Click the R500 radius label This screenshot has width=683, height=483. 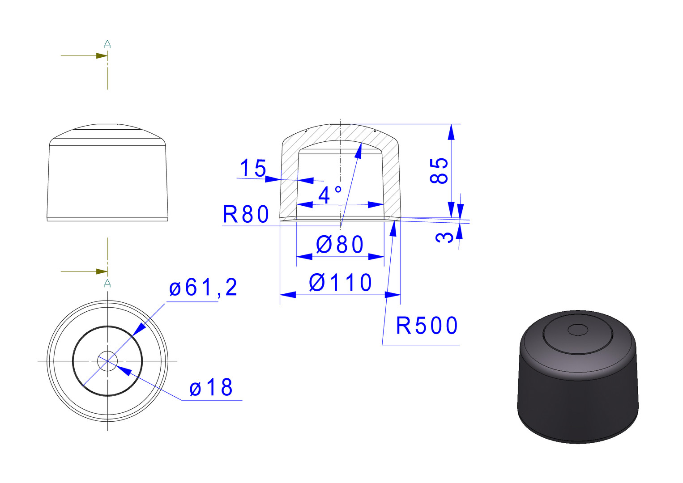point(427,326)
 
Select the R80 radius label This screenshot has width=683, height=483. point(246,214)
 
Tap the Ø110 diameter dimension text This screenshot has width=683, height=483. point(340,283)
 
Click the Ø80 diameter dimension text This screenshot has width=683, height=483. point(340,244)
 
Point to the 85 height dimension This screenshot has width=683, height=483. point(439,171)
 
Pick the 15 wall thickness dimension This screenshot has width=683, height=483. point(253,168)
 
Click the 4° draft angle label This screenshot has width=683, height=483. point(330,195)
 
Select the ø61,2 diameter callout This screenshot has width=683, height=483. point(203,287)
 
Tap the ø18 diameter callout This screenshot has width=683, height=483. point(211,387)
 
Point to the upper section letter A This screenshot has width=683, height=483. point(107,44)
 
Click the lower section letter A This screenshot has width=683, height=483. point(107,284)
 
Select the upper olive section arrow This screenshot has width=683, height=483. point(84,56)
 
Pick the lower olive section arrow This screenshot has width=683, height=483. point(84,271)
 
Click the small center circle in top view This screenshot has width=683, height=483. point(107,361)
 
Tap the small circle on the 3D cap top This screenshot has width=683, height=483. point(578,330)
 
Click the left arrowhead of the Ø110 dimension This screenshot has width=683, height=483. point(288,295)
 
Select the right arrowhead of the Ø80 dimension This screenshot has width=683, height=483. point(376,257)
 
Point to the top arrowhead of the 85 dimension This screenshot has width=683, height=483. point(451,132)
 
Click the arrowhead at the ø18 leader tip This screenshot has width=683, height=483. point(124,370)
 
